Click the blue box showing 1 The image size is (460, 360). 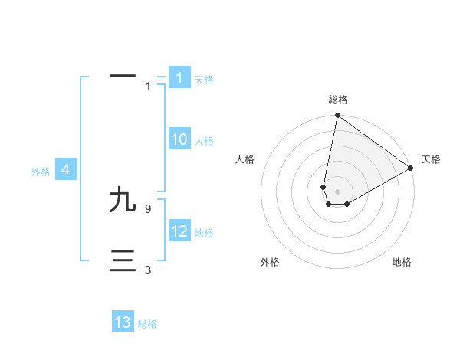[x=179, y=78]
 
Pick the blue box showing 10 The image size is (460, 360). [x=179, y=139]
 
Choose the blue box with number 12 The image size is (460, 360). [x=179, y=231]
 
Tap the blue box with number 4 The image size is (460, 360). [x=66, y=170]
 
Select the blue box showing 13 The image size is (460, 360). [x=123, y=322]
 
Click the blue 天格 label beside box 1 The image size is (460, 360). [x=204, y=80]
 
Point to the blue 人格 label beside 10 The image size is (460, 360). [x=204, y=141]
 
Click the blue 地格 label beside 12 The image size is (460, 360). [x=204, y=233]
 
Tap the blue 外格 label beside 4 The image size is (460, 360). [x=41, y=172]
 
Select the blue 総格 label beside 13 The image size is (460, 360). [x=147, y=324]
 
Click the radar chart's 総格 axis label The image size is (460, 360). [x=338, y=100]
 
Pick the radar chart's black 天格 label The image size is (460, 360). [x=431, y=159]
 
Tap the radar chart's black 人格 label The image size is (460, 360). [x=245, y=159]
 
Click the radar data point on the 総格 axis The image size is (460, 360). [x=337, y=116]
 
